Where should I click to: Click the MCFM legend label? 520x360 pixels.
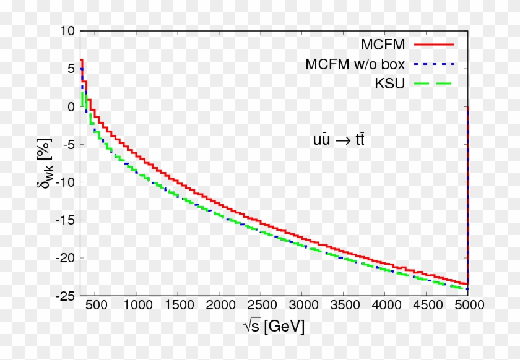[x=383, y=45]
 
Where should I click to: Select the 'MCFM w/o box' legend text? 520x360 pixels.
[x=355, y=64]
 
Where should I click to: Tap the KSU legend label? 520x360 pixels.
[x=389, y=84]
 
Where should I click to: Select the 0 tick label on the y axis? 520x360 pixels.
[x=71, y=107]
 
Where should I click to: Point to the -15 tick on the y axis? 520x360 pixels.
[x=66, y=220]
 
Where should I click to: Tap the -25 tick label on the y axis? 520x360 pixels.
[x=66, y=296]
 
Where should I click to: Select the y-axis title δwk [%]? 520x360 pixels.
[x=44, y=163]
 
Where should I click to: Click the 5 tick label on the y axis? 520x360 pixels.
[x=71, y=69]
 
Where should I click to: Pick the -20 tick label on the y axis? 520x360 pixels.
[x=66, y=259]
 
